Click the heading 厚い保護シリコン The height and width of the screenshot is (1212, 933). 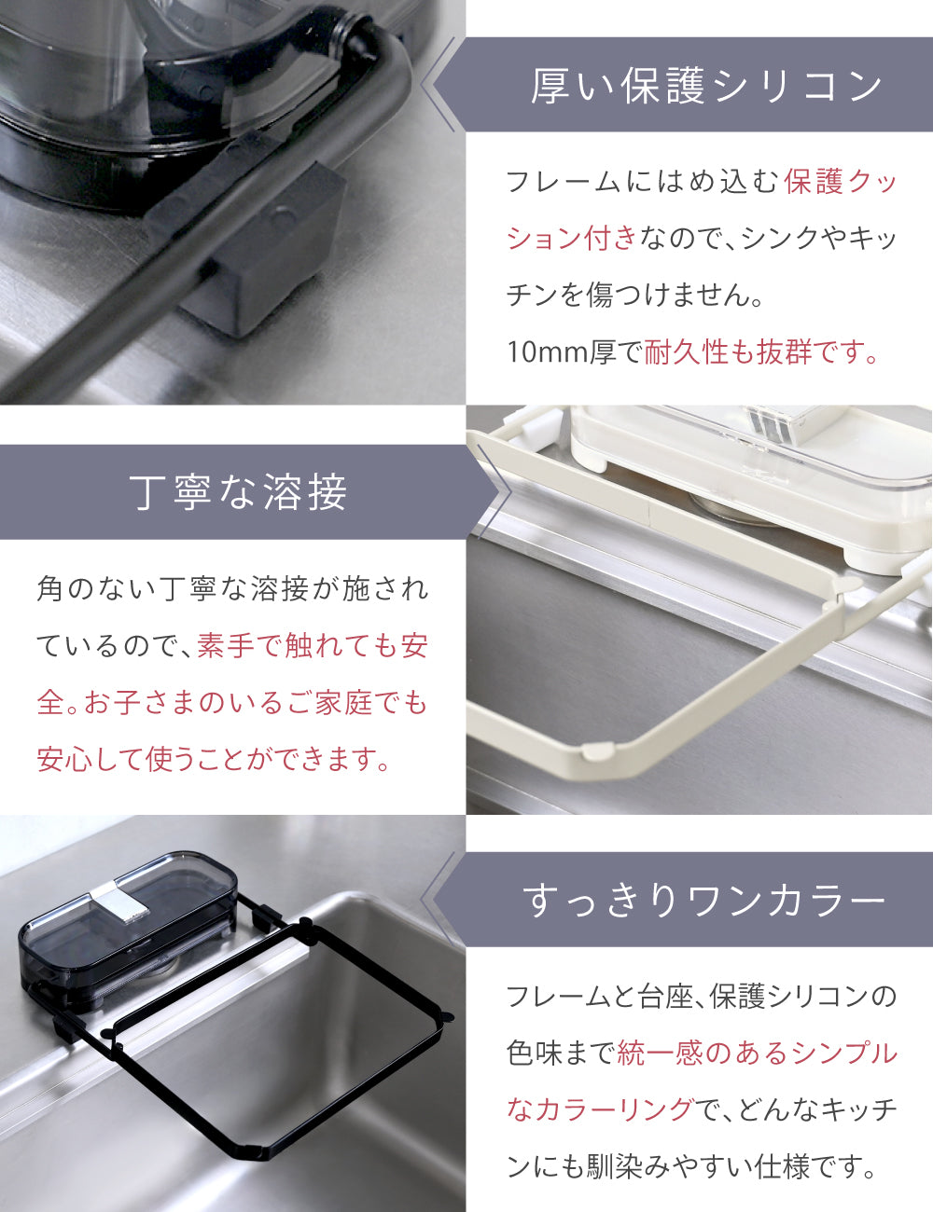[x=706, y=86]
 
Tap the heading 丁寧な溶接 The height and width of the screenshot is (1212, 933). [x=238, y=492]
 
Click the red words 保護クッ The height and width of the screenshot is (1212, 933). [x=841, y=181]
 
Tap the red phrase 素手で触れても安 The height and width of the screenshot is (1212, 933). [x=313, y=645]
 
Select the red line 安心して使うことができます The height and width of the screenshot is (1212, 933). [x=213, y=759]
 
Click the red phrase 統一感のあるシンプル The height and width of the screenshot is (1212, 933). [x=757, y=1053]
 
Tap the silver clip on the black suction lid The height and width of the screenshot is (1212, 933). [x=119, y=901]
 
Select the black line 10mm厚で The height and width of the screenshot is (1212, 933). [x=576, y=351]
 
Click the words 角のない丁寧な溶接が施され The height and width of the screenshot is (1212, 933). [x=232, y=588]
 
